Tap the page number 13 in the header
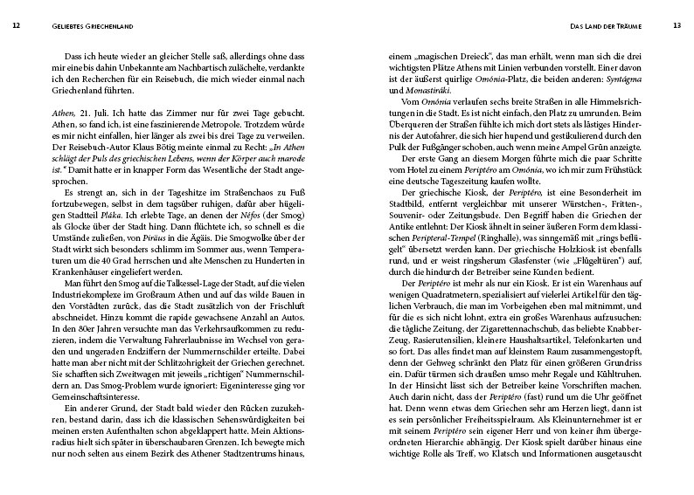tap(677, 24)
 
